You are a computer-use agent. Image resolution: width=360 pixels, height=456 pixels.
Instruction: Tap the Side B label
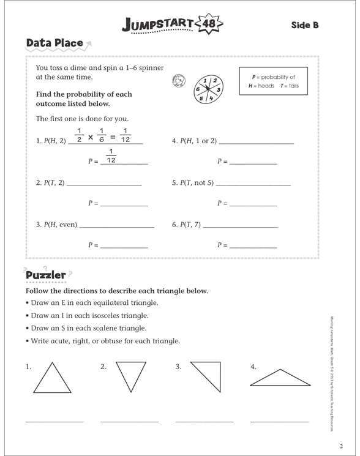(x=305, y=25)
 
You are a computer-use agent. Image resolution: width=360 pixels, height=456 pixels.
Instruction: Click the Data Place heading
(x=54, y=43)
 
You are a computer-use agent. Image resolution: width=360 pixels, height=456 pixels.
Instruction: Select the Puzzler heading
(x=45, y=275)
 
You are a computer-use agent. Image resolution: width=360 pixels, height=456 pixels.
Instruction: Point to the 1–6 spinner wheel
(x=208, y=88)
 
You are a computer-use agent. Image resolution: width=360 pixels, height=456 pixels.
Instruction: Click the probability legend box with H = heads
(x=273, y=81)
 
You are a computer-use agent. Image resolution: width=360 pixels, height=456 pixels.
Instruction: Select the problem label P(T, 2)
(x=50, y=182)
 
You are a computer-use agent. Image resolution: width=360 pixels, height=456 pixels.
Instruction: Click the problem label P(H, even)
(x=56, y=225)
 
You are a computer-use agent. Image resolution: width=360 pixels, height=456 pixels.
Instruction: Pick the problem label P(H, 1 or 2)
(x=194, y=141)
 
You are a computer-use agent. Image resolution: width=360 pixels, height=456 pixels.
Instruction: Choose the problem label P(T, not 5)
(x=193, y=182)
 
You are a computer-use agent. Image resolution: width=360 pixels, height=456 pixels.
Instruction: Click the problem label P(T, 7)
(x=186, y=225)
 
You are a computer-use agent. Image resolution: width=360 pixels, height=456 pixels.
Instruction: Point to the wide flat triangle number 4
(x=280, y=379)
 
